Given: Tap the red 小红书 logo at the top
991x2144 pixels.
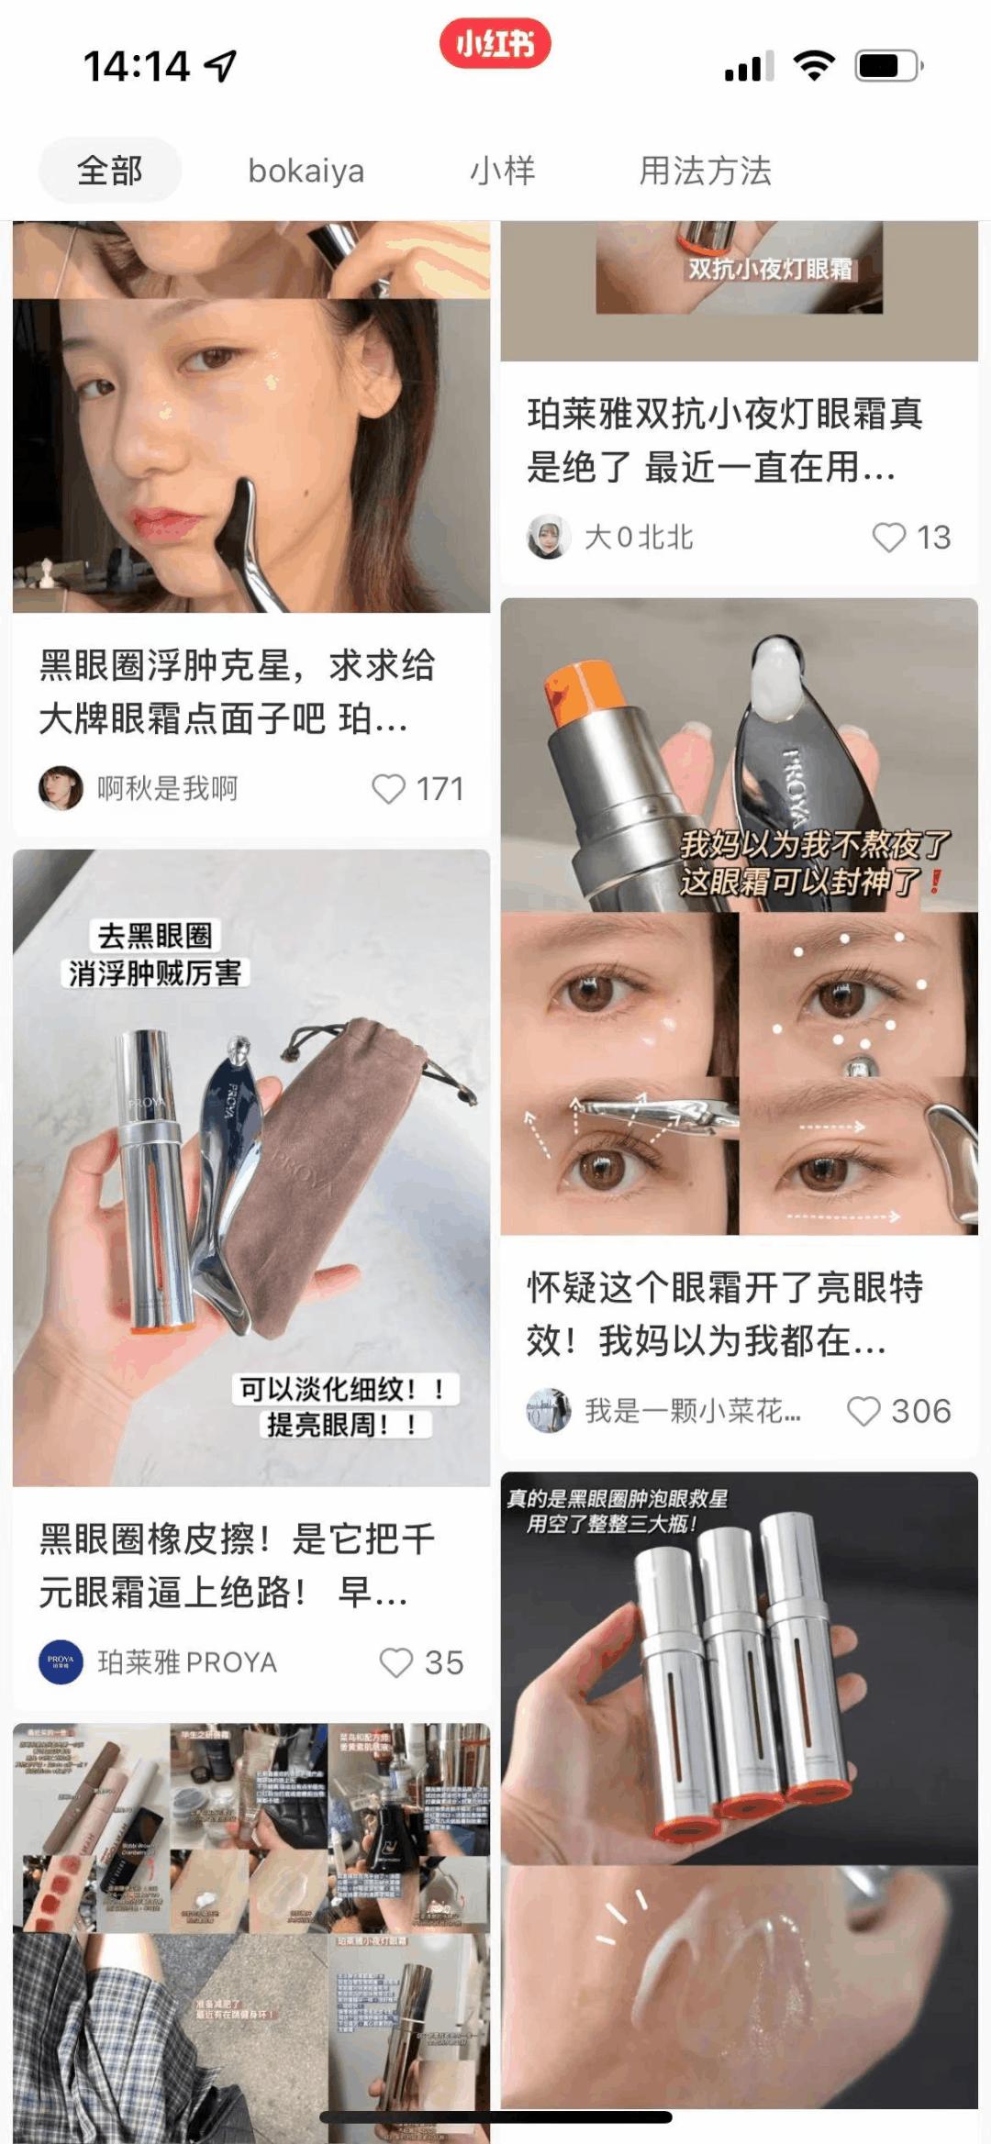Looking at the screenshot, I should [495, 43].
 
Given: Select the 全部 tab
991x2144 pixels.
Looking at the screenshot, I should [110, 171].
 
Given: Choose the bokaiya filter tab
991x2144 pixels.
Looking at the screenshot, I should [306, 171].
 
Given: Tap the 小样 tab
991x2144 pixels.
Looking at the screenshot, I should [502, 171].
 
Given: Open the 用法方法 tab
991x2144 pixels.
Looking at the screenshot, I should [705, 171].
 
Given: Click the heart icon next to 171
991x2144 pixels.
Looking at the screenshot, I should [388, 789].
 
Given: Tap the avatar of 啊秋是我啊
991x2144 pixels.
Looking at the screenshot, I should [61, 788].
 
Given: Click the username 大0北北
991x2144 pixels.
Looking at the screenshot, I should [639, 538].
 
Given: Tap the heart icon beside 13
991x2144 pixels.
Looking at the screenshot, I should [888, 538].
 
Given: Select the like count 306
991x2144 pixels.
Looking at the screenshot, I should [921, 1411].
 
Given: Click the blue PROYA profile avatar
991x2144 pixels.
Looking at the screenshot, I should [61, 1662].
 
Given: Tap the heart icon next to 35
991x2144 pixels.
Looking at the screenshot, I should [396, 1662].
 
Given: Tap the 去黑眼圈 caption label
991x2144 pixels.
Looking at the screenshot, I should [155, 936].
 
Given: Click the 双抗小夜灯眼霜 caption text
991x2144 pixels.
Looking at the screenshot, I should [770, 269].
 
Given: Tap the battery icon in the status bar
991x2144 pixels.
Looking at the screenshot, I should [887, 66].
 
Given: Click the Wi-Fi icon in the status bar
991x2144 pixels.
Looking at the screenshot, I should [813, 66].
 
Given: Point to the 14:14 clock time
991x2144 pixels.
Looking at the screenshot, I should [138, 66].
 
